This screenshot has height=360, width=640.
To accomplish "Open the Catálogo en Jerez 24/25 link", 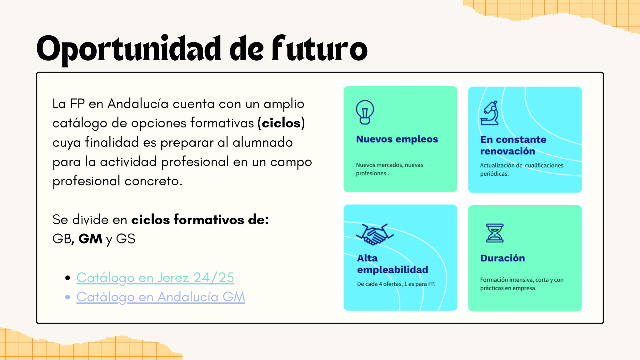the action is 155,278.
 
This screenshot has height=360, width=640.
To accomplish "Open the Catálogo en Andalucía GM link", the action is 161,297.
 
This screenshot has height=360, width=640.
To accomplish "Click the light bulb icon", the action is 365,112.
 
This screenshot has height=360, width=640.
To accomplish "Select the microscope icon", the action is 490,113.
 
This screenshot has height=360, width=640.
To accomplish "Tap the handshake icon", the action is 375,234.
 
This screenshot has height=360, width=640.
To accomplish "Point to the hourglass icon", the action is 495,233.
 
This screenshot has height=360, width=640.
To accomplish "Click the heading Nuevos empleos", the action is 397,139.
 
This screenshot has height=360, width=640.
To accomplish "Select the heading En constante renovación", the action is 513,145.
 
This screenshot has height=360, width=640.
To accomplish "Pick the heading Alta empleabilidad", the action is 392,264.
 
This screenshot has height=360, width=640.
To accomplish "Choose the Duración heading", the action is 502,258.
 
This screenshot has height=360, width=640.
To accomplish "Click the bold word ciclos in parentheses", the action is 281,123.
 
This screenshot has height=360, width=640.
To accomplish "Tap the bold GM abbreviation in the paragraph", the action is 90,239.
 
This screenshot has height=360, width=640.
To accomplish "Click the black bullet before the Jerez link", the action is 68,278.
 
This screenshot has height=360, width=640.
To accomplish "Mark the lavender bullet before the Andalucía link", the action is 68,297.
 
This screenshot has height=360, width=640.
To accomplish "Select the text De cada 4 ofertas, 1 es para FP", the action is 396,284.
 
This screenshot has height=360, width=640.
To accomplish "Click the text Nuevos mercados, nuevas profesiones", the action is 389,169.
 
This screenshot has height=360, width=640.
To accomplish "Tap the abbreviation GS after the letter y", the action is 126,239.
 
